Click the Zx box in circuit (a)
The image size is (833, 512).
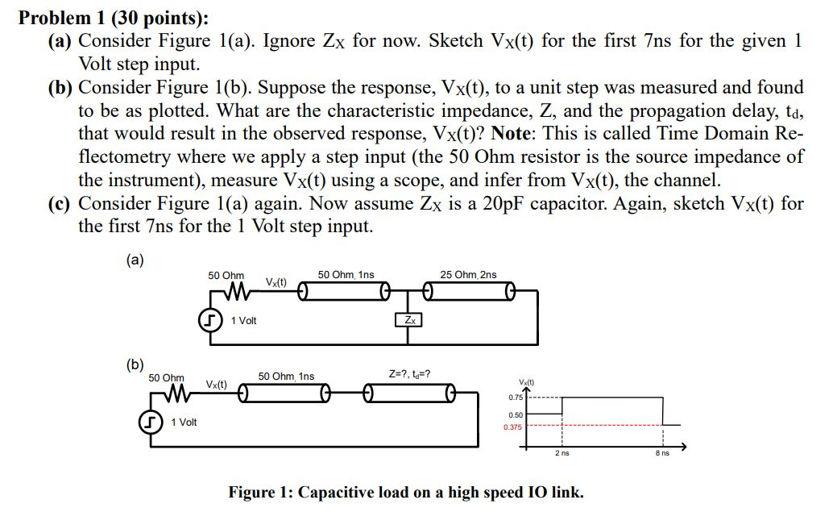pos(410,320)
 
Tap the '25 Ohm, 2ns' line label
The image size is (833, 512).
pos(468,275)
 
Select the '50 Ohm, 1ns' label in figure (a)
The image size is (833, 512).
pos(346,275)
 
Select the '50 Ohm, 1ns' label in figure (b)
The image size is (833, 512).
pos(286,376)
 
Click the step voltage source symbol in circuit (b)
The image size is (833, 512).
pos(149,422)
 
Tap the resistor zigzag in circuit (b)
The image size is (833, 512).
pos(167,394)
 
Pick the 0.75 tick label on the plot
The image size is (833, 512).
pos(515,398)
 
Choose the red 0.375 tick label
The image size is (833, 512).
pos(513,427)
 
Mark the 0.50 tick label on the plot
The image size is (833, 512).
pos(515,414)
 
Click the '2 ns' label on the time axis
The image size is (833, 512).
pos(562,454)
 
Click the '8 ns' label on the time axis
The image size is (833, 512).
pos(662,454)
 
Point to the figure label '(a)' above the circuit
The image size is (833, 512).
pos(134,259)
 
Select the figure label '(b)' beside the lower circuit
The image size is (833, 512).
pos(134,364)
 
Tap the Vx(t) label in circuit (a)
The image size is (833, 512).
pos(278,282)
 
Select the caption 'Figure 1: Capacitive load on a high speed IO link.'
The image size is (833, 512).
pos(406,492)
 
